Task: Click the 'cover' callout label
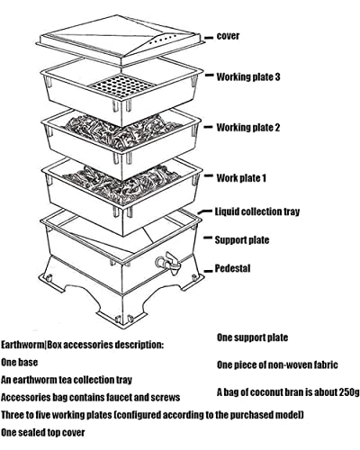(x=228, y=36)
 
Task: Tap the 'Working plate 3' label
(x=248, y=77)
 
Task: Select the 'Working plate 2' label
(x=248, y=128)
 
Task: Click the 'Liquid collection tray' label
(x=256, y=212)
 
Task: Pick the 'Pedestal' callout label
(x=232, y=268)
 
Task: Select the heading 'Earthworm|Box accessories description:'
(x=83, y=344)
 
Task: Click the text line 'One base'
(x=22, y=362)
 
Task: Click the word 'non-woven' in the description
(x=283, y=365)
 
